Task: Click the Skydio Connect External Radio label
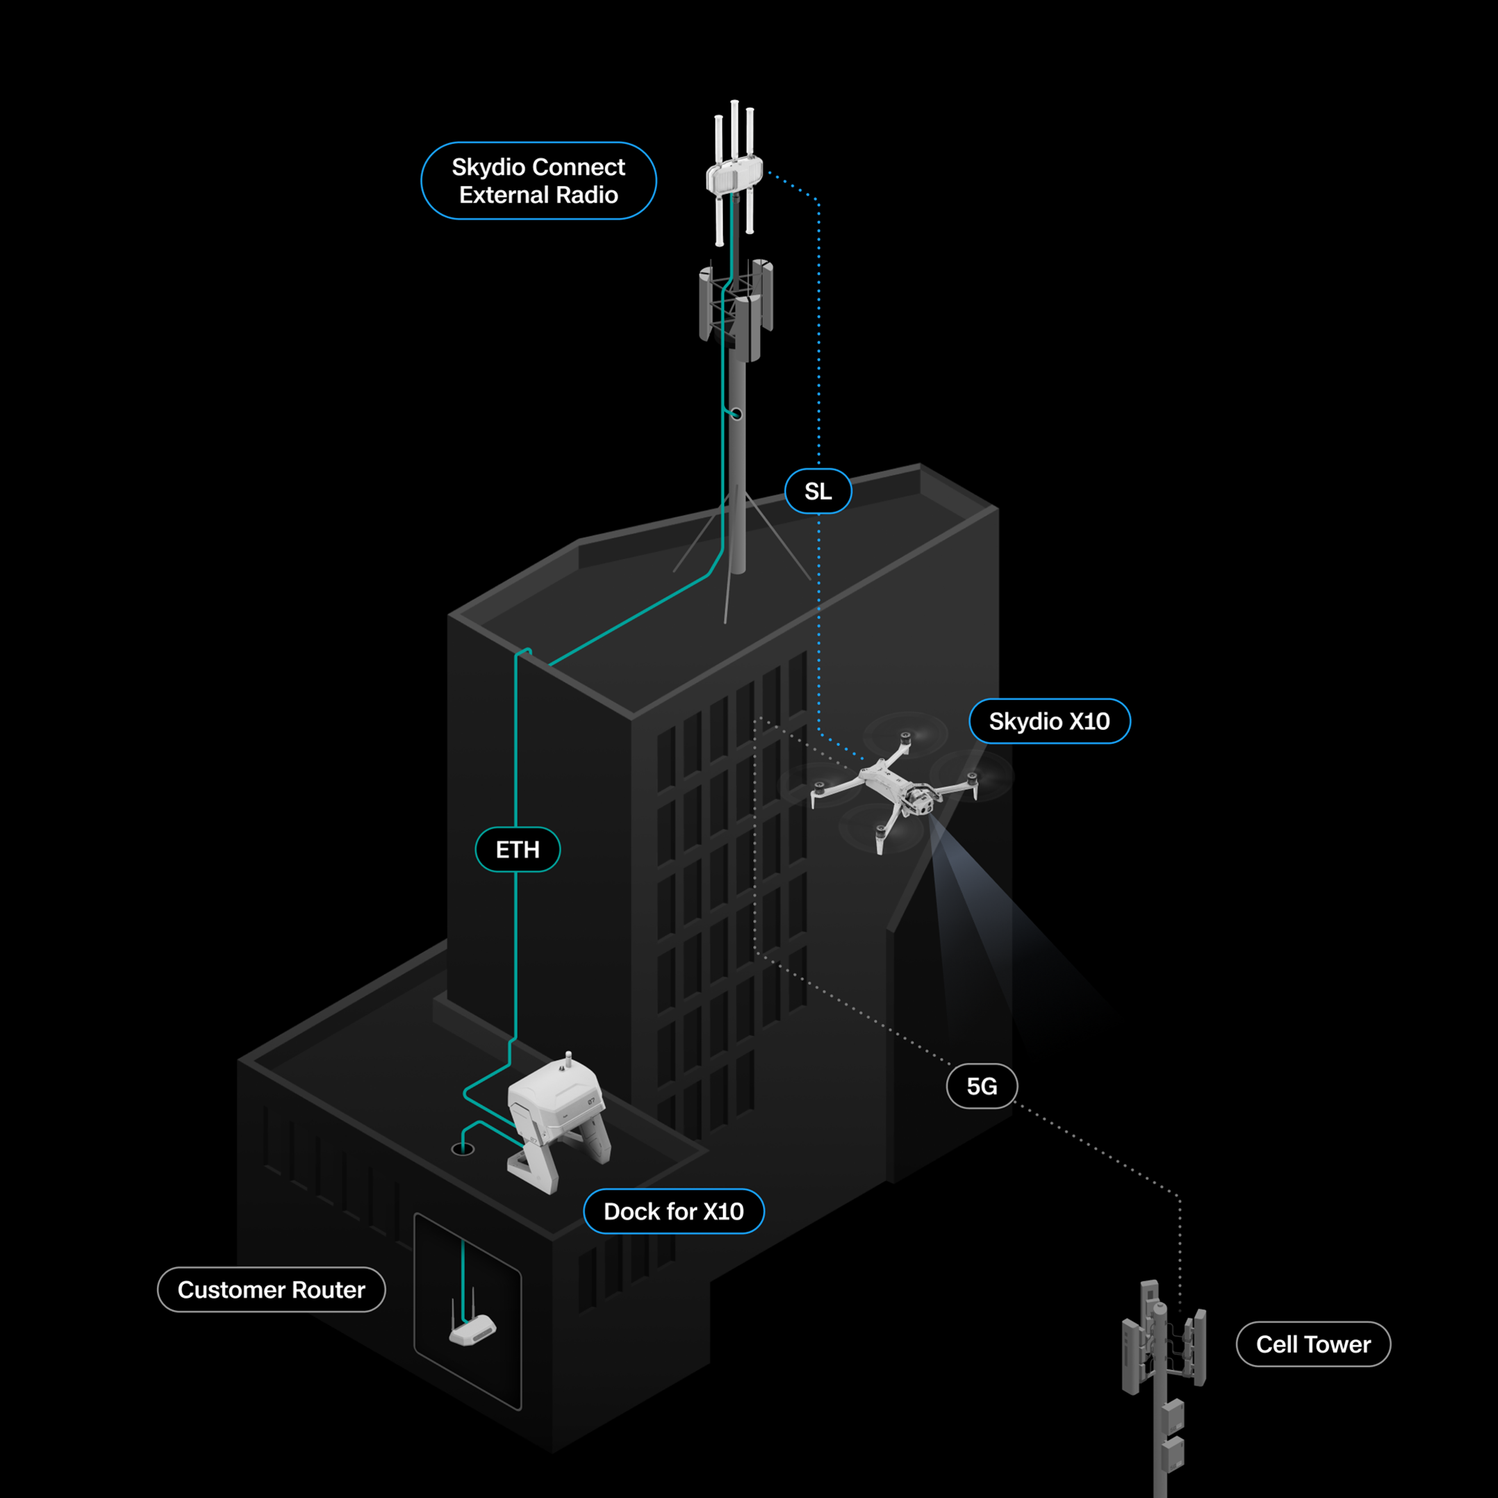pos(538,181)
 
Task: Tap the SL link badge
pos(818,491)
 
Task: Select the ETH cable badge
pos(517,850)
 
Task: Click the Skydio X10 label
pos(1049,721)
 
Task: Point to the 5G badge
pos(982,1086)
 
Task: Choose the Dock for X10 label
pos(673,1211)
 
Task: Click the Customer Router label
pos(271,1289)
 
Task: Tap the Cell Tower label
pos(1313,1344)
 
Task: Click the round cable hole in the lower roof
pos(463,1149)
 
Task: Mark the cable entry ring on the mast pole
pos(737,414)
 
